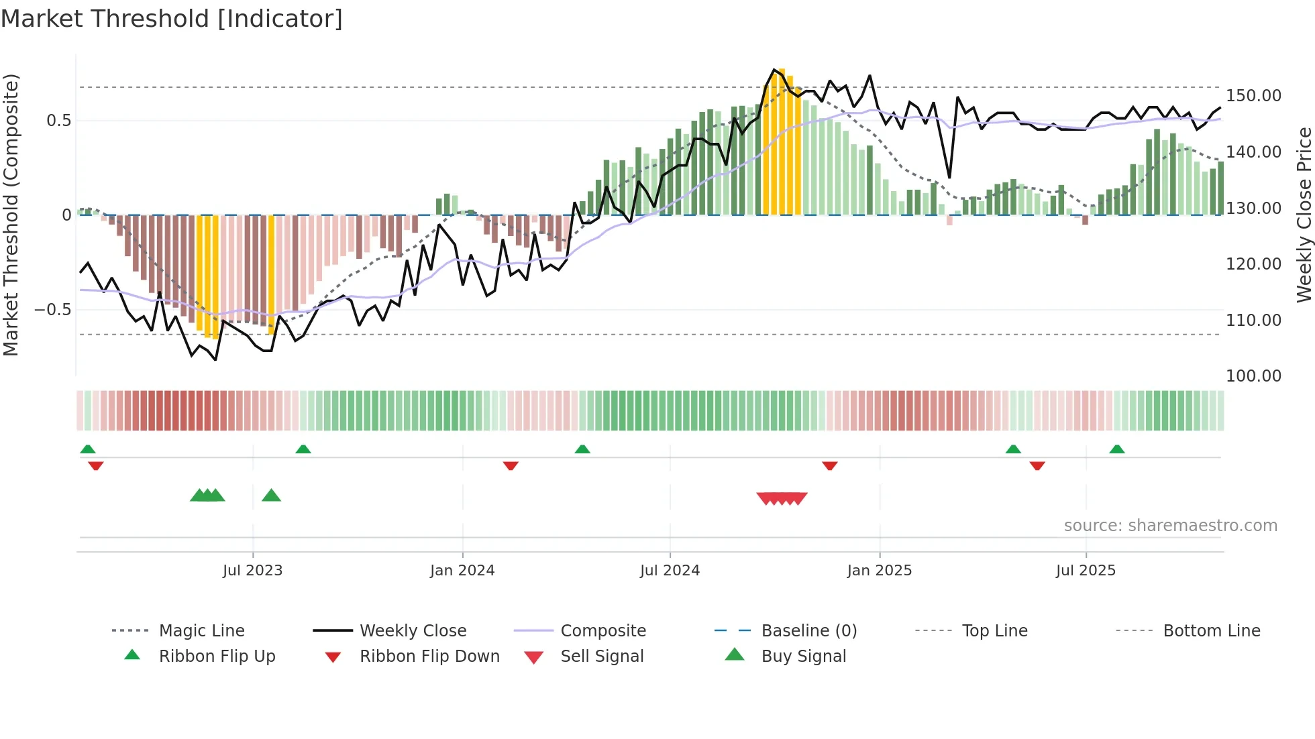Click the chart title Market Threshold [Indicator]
click(172, 19)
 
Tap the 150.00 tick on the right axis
click(1253, 96)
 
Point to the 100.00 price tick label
click(1253, 376)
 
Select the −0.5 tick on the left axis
click(52, 310)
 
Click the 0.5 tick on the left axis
click(58, 121)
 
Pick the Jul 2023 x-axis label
click(252, 571)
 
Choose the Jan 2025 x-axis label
click(879, 571)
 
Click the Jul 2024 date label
click(670, 571)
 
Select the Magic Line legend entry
click(201, 631)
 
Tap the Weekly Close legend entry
click(413, 631)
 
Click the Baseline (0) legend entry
click(808, 631)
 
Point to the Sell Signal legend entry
click(602, 657)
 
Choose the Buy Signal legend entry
click(803, 657)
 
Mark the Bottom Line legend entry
click(1211, 631)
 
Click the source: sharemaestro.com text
click(1170, 526)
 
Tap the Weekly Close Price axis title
click(1303, 215)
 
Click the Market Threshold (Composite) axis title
click(11, 215)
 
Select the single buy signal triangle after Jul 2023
click(271, 496)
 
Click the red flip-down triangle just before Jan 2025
click(830, 465)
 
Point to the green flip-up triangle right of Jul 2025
click(1116, 449)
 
